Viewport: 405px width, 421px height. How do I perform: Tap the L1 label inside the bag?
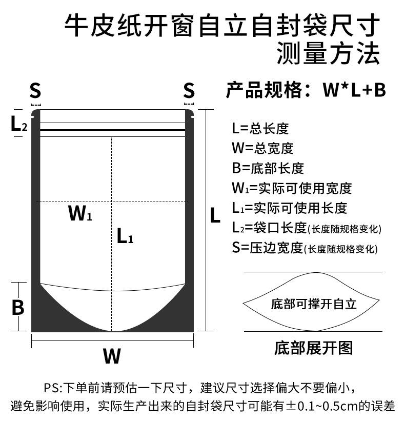coord(125,236)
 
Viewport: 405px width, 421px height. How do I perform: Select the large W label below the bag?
coord(112,355)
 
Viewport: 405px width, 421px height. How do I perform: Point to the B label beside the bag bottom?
coord(18,308)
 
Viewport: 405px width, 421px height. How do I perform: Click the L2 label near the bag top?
coord(19,124)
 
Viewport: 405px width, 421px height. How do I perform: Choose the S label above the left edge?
coord(35,91)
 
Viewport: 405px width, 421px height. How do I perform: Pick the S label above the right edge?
coord(189,91)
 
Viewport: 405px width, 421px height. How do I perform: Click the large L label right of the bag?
coord(215,216)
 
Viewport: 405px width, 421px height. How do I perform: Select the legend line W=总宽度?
coord(262,148)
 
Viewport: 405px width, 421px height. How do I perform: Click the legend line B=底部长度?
coord(268,168)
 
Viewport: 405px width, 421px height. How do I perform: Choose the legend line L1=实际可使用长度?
coord(289,208)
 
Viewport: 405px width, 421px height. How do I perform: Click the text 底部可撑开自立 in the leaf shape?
coord(313,304)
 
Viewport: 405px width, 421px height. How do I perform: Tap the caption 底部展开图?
coord(314,348)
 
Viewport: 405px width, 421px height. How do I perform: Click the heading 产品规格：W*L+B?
coord(306,91)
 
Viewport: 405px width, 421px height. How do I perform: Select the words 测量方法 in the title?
coord(328,53)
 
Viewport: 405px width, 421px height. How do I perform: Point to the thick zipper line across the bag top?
coord(112,131)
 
